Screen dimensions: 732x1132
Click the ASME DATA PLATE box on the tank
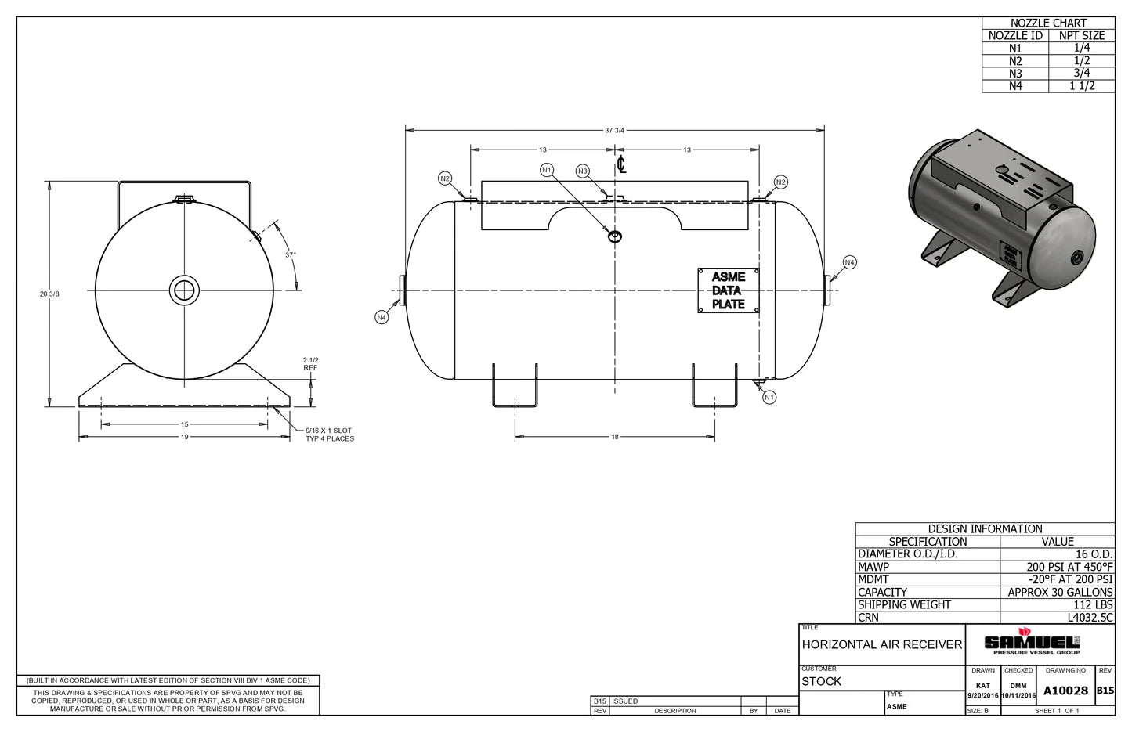click(729, 290)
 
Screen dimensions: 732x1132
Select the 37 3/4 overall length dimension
click(614, 130)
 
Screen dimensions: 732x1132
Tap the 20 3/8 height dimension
click(49, 294)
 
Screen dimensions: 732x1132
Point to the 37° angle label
click(290, 254)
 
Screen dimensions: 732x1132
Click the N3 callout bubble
click(582, 171)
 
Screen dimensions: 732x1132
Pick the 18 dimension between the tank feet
click(614, 436)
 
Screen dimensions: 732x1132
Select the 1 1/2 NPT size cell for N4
click(1081, 86)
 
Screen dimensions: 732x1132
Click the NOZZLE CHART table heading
click(1048, 23)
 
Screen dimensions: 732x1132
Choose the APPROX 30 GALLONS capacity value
click(1059, 592)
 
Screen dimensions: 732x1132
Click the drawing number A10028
click(1065, 691)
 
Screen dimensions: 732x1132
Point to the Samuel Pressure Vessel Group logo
click(1032, 643)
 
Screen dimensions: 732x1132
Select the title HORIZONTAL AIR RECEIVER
click(881, 644)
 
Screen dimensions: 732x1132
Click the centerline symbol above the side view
click(621, 164)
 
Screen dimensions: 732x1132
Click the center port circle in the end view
click(184, 290)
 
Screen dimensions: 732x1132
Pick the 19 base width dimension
click(184, 437)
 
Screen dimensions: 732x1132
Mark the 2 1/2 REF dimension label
click(311, 363)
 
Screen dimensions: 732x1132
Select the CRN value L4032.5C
click(1094, 617)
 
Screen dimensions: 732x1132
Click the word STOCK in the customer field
click(821, 681)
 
